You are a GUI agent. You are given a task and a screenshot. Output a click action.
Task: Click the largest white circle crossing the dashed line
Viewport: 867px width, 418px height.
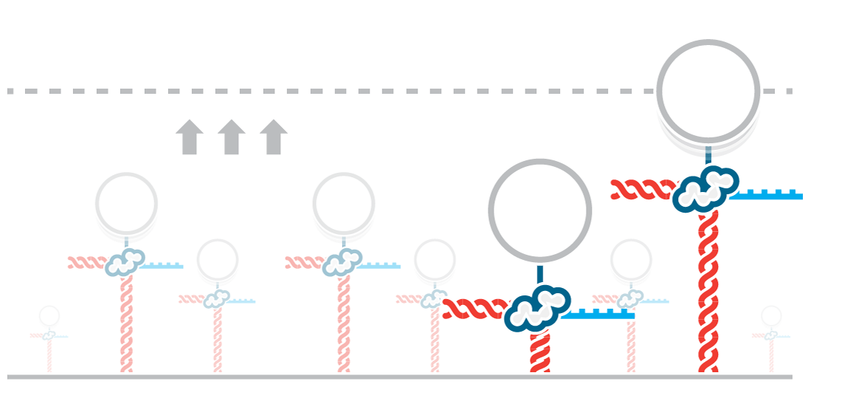708,89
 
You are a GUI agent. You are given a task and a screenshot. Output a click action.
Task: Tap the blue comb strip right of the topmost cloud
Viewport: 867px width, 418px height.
767,196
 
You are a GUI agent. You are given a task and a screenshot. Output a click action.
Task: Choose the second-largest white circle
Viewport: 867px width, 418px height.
539,210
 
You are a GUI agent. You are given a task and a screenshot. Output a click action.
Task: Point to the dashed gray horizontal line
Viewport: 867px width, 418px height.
369,92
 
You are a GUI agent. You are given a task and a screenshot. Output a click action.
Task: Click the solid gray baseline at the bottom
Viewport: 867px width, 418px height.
369,377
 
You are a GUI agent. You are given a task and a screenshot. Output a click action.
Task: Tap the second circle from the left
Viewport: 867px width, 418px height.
126,202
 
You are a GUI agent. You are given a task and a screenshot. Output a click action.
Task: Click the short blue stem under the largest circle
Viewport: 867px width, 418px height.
708,154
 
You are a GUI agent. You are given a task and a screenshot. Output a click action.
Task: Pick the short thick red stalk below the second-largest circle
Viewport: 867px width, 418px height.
539,352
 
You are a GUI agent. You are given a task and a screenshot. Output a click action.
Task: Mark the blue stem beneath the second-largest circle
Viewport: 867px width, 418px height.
539,274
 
